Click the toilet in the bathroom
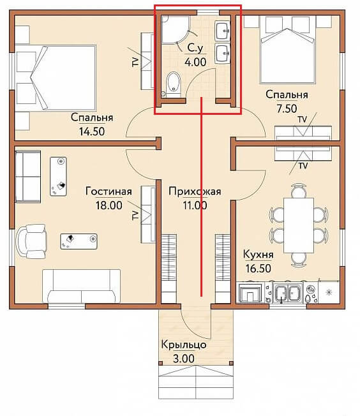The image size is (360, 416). (x=174, y=84)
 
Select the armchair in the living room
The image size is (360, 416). (x=31, y=241)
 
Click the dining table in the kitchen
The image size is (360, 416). (x=299, y=225)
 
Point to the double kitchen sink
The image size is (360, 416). (x=288, y=293)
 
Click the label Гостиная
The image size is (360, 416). (x=109, y=191)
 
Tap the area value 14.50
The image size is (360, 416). (x=92, y=131)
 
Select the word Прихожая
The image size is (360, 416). (x=195, y=191)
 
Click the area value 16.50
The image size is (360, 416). (x=259, y=268)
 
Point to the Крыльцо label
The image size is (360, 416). (x=184, y=345)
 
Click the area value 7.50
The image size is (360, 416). (x=287, y=108)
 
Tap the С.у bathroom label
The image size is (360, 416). (x=195, y=48)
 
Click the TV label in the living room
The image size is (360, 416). (x=135, y=215)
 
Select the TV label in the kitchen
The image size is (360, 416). (x=303, y=166)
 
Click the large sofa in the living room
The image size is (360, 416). (x=81, y=286)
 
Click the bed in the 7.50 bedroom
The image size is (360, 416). (x=288, y=50)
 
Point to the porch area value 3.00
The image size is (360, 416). (x=184, y=359)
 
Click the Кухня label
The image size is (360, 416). (x=259, y=255)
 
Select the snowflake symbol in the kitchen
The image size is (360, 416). (x=329, y=293)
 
